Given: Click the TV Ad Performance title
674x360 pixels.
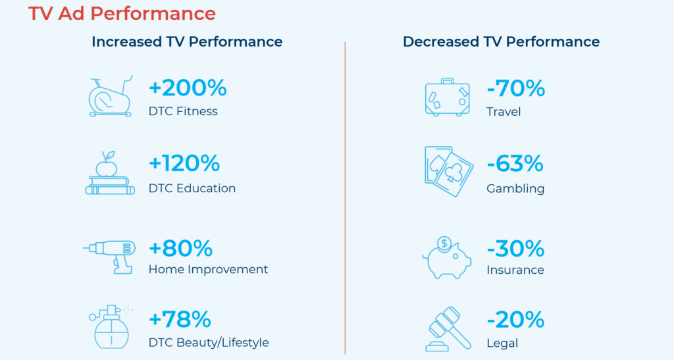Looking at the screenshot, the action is tap(122, 14).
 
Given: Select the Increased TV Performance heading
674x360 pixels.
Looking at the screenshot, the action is tap(187, 41).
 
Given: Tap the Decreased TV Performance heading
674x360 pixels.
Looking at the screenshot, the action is tap(501, 41).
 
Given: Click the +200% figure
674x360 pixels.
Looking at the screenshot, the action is tap(188, 88).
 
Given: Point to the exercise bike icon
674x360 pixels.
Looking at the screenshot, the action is tap(111, 97).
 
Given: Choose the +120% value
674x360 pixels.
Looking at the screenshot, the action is tap(184, 164).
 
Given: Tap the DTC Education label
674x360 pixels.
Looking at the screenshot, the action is tap(192, 188).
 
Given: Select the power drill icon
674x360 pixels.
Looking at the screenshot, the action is tap(110, 257).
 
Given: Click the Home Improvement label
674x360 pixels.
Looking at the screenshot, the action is tap(208, 269).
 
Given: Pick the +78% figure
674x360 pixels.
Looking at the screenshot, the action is tap(180, 320).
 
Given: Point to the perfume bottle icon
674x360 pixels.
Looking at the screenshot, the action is tap(110, 327).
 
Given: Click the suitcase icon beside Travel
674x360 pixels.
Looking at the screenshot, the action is tap(447, 97).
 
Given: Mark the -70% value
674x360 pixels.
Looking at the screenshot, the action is tap(516, 88).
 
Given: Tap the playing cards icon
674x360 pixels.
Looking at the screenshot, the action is tap(449, 171).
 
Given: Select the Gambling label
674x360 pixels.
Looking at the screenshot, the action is tap(515, 189).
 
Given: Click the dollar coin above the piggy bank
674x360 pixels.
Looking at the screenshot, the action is tap(444, 244).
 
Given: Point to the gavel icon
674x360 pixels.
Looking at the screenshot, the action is tap(448, 329).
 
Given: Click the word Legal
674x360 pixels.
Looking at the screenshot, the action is tap(502, 344).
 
